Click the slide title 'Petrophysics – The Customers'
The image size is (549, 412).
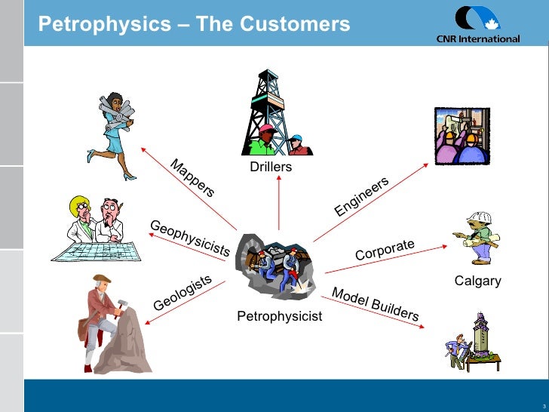pos(194,25)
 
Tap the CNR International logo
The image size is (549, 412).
pos(477,26)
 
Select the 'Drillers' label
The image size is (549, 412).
pos(271,166)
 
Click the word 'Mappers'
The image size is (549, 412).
pos(192,177)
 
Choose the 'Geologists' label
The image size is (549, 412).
pos(182,293)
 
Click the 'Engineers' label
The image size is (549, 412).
pos(361,196)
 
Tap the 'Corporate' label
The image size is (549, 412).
pos(385,250)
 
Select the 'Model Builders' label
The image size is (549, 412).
pos(375,304)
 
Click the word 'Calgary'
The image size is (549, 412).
pos(477,281)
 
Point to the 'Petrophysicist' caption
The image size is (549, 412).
pos(279,316)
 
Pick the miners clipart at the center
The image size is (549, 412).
pos(279,263)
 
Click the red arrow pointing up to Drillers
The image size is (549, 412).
pos(278,204)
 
